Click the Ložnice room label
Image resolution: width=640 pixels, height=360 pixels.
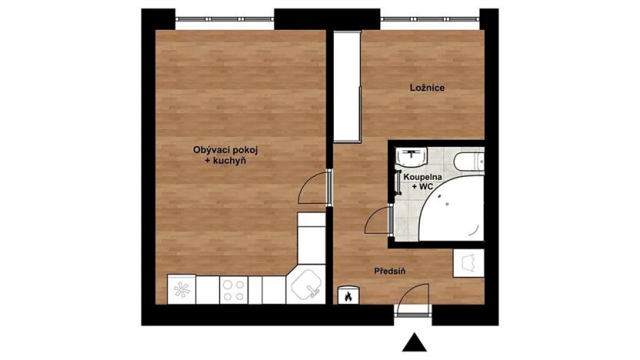[x=426, y=88]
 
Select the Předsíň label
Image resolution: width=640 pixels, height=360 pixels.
[x=390, y=272]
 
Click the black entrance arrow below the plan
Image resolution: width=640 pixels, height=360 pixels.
[x=415, y=343]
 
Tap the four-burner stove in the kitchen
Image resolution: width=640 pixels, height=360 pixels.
[x=233, y=289]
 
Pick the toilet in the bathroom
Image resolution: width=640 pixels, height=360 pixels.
[x=468, y=161]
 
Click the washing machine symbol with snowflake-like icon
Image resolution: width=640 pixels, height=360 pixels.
[x=182, y=290]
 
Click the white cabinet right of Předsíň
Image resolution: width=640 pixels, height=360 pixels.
[x=468, y=263]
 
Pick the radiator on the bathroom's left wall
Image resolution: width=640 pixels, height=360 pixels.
[x=394, y=182]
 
